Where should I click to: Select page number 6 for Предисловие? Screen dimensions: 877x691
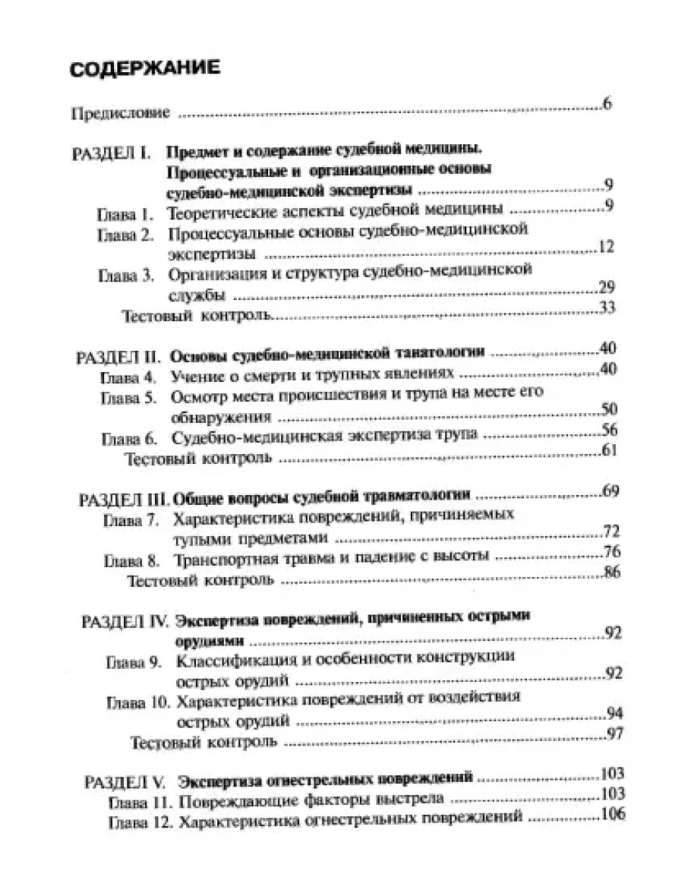point(608,104)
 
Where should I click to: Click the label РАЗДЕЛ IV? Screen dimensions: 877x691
point(125,620)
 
